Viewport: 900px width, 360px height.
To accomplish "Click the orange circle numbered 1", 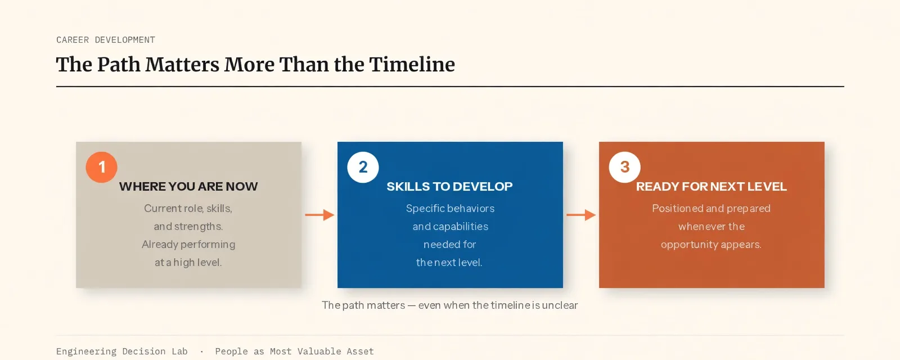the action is (102, 167).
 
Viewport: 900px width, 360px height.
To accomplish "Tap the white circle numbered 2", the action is (363, 167).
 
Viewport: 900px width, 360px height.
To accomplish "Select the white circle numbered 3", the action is (624, 167).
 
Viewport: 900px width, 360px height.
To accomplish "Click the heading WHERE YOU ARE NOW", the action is (188, 186).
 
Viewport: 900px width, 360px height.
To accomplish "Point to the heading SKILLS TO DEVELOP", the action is (449, 186).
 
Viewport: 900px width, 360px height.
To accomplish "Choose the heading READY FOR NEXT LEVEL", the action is (711, 186).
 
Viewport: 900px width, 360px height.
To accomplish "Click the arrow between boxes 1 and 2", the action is (319, 215).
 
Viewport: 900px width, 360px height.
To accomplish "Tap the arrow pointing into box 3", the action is (581, 215).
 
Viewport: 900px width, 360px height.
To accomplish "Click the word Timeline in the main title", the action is (412, 64).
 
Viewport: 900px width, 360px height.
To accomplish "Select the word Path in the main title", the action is (119, 64).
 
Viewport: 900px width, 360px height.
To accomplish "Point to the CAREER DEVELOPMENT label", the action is (106, 40).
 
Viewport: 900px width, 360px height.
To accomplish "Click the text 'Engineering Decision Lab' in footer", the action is (121, 352).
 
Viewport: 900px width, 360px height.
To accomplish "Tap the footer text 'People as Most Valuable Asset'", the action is (295, 352).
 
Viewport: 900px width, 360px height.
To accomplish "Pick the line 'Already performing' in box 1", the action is (188, 244).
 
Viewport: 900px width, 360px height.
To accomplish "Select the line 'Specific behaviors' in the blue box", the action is (450, 208).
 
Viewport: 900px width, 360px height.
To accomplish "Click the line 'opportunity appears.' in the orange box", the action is (711, 244).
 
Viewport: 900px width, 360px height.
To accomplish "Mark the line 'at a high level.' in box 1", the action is (188, 262).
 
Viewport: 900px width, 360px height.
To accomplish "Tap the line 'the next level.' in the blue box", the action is (449, 262).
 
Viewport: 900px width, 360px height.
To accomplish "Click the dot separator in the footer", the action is (202, 352).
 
